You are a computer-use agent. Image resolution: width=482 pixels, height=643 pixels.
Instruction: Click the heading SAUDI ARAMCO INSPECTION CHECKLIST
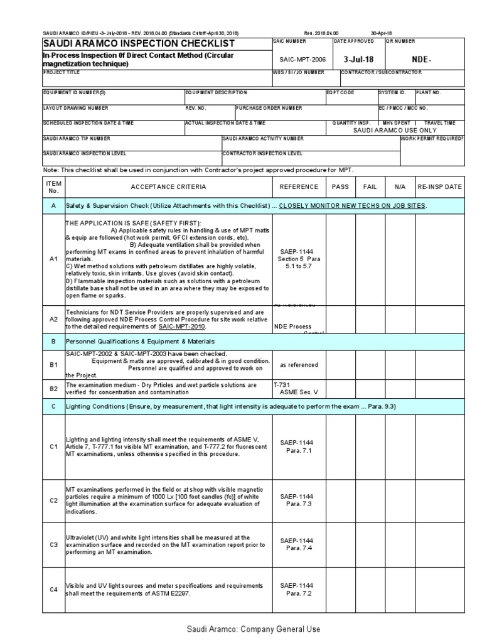tap(138, 43)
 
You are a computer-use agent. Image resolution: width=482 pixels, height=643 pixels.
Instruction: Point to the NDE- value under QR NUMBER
tap(421, 58)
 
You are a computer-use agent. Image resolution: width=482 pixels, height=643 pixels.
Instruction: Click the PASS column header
tap(340, 186)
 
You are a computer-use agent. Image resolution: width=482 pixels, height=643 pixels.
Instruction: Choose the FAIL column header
tap(370, 186)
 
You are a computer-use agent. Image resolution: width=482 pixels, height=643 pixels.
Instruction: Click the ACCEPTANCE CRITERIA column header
tap(168, 186)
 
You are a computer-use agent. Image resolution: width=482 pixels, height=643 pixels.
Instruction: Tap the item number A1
tap(53, 259)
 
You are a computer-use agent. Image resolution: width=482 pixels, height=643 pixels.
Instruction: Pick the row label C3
tap(53, 544)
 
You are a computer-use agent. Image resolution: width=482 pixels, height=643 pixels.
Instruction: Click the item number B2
tap(53, 389)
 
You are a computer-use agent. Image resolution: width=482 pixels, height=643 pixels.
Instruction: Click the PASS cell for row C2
tap(340, 500)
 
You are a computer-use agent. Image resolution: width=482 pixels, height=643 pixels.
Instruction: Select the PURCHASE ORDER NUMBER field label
tap(269, 108)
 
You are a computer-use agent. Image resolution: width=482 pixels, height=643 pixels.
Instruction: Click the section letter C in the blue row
tap(53, 406)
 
